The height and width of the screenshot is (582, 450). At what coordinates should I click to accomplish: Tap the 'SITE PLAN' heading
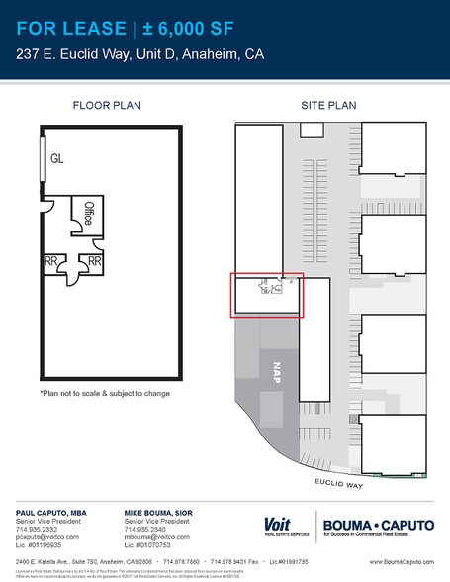coord(327,104)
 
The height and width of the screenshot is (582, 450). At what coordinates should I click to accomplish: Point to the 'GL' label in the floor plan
coord(58,156)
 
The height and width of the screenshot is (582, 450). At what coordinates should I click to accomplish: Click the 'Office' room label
coord(88,214)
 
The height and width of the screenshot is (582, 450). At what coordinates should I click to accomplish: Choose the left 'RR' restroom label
coord(49,261)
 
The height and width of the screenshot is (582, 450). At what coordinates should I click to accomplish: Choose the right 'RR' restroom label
coord(95,261)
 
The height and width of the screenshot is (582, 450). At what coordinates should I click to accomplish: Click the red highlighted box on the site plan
coord(266,296)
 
